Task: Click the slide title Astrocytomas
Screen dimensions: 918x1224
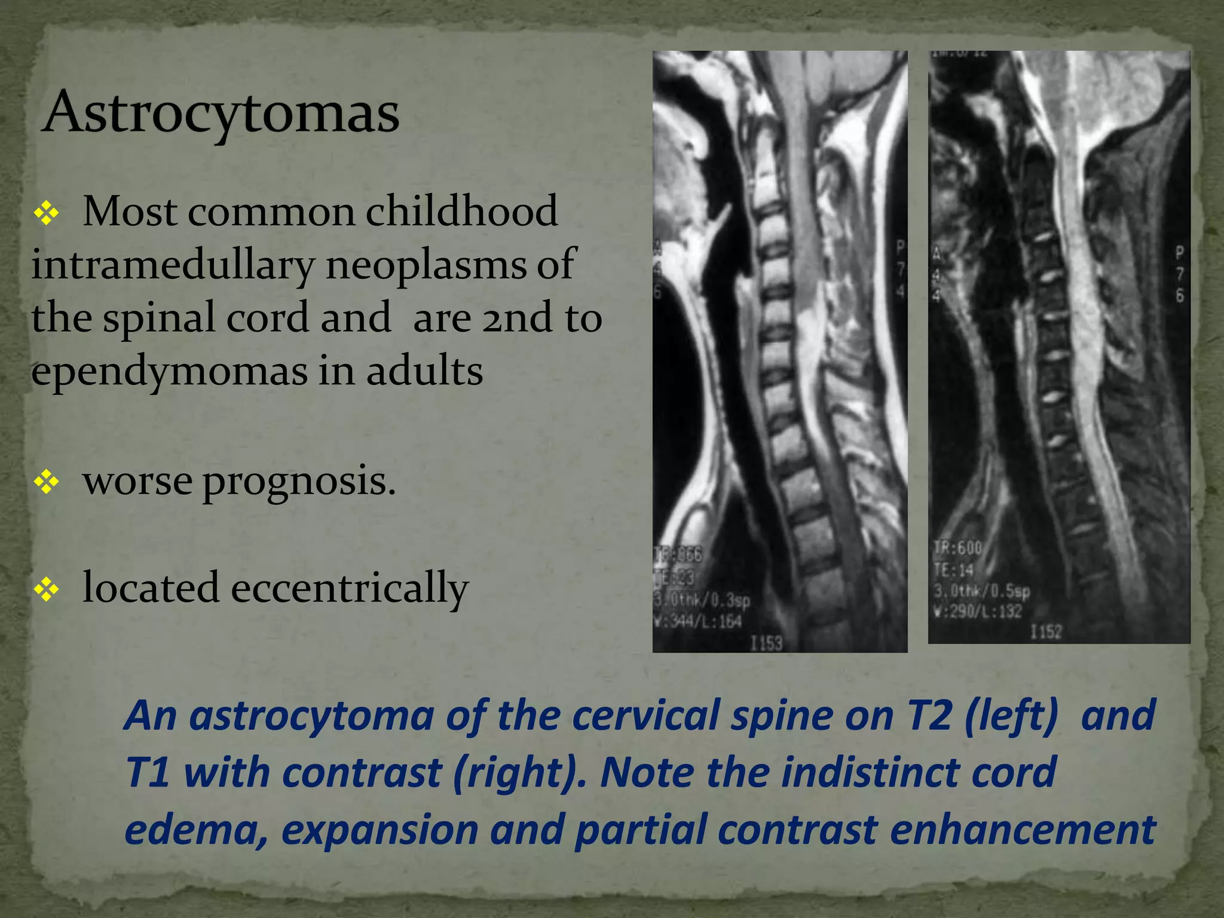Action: tap(221, 114)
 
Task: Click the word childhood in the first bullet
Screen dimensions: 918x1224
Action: tap(461, 212)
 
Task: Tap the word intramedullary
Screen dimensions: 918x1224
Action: tap(173, 265)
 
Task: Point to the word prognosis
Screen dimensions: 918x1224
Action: tap(299, 481)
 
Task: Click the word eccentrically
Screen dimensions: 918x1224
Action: tap(350, 588)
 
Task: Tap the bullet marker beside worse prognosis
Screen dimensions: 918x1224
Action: tap(46, 482)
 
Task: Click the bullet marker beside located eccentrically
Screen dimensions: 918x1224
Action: tap(46, 589)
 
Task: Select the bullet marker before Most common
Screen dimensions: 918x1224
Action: tap(46, 213)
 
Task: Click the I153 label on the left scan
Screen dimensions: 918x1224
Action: tap(766, 643)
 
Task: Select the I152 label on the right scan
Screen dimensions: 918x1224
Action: tap(1045, 632)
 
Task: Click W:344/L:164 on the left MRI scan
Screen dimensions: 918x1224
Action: tap(697, 622)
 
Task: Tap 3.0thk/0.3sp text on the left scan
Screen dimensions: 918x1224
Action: tap(702, 600)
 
